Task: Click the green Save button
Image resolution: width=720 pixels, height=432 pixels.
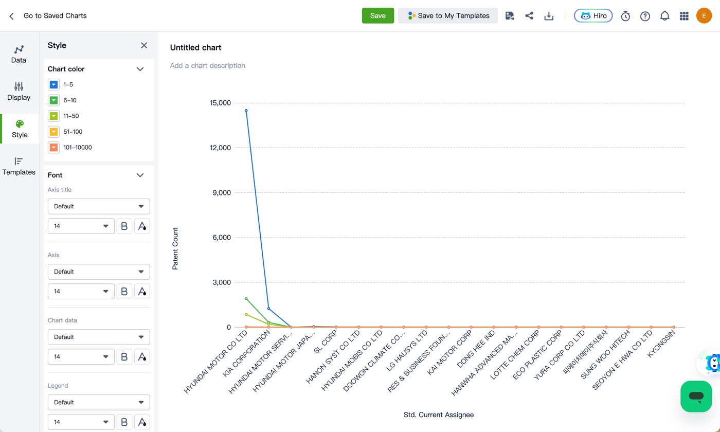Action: click(x=377, y=15)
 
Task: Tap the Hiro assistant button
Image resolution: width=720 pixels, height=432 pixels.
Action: click(x=593, y=15)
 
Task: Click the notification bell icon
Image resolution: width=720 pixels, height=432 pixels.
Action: click(x=664, y=16)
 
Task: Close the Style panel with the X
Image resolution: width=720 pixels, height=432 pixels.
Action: click(x=143, y=45)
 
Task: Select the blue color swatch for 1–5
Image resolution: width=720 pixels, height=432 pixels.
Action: click(x=53, y=84)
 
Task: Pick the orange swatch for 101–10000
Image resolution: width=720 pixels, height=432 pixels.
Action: click(x=53, y=147)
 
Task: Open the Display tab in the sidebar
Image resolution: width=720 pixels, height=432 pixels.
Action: click(x=19, y=92)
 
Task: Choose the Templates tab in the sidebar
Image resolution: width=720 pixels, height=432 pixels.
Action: click(x=19, y=166)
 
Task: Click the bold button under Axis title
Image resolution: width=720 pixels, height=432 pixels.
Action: click(x=124, y=226)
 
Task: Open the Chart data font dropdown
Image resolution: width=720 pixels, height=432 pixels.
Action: click(x=99, y=337)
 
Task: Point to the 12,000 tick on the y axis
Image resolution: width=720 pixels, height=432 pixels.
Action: click(x=220, y=148)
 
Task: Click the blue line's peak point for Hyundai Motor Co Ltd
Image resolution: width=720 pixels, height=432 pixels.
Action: click(x=246, y=111)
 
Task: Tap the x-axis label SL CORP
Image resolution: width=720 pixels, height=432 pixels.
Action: click(x=325, y=342)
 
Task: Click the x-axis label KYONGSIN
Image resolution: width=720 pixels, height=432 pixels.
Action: click(x=661, y=344)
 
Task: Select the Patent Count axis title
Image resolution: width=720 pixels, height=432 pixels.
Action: click(x=175, y=248)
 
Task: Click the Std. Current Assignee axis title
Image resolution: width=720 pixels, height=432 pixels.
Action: click(x=438, y=415)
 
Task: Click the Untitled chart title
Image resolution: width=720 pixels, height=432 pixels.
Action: click(x=195, y=47)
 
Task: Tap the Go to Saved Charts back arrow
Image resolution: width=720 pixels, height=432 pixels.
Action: click(x=11, y=16)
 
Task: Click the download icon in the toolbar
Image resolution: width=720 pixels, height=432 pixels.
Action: click(x=549, y=16)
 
